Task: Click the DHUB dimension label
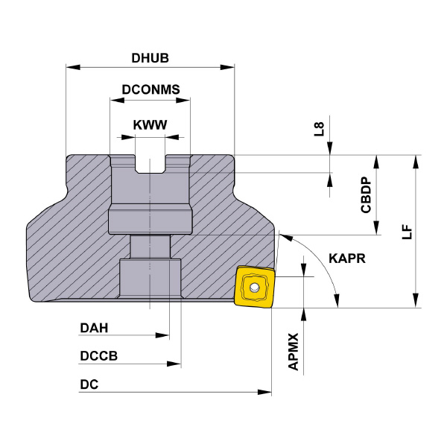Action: (150, 57)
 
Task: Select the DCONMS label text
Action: (150, 90)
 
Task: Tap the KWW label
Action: (150, 125)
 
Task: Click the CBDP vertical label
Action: (366, 195)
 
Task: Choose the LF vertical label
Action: (406, 231)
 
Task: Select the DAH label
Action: (94, 328)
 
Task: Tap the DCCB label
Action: (98, 356)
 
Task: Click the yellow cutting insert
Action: (253, 285)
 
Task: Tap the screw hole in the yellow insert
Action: (255, 287)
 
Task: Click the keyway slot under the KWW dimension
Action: (150, 164)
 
